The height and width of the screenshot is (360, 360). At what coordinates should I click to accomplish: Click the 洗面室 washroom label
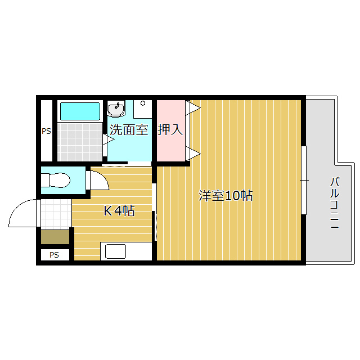tap(129, 130)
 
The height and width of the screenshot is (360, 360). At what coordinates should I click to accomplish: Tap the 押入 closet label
tap(170, 130)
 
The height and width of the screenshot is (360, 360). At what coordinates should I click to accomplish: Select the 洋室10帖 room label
tap(226, 196)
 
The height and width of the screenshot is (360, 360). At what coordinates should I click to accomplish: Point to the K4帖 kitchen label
tap(119, 211)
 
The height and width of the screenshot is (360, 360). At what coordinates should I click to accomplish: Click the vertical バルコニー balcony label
tap(335, 202)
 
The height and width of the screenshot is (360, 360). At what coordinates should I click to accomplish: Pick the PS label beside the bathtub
tap(46, 131)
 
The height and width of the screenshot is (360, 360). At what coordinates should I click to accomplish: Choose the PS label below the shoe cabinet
tap(54, 255)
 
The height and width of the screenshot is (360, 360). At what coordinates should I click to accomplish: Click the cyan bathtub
tap(80, 111)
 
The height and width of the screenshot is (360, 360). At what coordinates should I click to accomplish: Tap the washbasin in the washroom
tap(116, 109)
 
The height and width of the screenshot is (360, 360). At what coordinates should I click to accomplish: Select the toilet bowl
tap(55, 180)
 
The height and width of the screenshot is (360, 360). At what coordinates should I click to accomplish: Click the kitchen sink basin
tap(115, 251)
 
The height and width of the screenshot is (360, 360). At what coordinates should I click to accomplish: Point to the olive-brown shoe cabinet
tap(55, 237)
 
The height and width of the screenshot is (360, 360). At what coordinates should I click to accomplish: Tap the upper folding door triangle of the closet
tap(193, 107)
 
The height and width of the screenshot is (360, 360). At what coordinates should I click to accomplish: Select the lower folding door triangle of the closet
tap(193, 154)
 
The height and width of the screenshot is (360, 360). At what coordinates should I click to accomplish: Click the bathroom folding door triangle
tap(109, 139)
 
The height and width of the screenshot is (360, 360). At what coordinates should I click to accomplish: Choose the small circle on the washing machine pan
tap(143, 103)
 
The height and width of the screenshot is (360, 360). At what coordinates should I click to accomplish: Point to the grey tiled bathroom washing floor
tap(80, 142)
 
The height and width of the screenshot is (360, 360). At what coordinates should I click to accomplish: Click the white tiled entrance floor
tap(56, 214)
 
